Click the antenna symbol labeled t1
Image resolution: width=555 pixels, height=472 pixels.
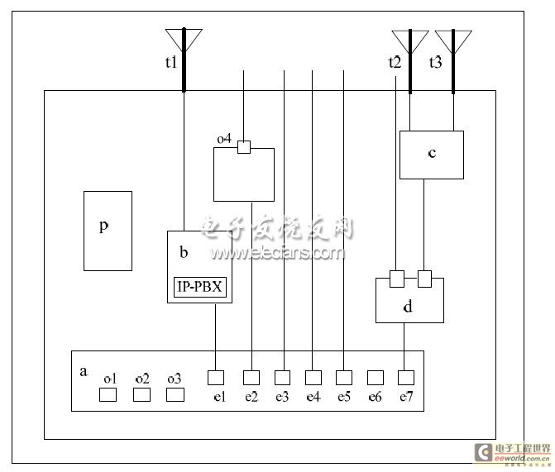coord(183,40)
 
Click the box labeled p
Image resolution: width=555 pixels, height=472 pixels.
coord(108,231)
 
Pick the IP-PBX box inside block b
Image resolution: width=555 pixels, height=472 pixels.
coord(201,288)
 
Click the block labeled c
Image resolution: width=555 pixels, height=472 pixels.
coord(431,155)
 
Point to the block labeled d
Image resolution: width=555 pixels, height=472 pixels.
coord(409,303)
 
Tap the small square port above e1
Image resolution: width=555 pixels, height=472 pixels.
coord(216,378)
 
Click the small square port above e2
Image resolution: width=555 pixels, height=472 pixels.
coord(251,378)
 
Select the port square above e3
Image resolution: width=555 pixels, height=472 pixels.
coord(283,378)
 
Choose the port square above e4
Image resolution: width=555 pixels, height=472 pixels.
coord(313,378)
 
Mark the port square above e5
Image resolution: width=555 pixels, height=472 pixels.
coord(344,378)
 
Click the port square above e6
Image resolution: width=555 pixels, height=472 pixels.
coord(375,378)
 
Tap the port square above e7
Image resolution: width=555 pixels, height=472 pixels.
coord(404,378)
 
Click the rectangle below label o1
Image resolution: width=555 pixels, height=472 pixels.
coord(108,394)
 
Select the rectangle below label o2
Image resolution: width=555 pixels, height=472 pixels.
coord(141,394)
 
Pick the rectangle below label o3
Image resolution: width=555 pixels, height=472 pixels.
coord(175,394)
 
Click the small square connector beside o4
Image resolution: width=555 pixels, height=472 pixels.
coord(243,147)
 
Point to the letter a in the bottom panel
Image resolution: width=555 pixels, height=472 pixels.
coord(83,371)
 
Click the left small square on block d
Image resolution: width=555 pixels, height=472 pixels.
coord(396,277)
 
